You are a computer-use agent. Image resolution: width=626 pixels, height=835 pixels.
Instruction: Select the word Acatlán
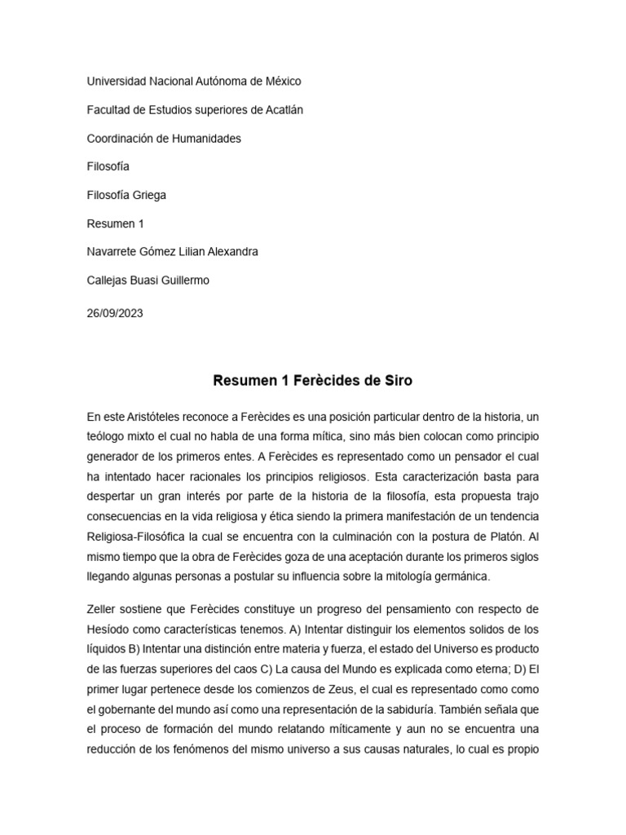point(282,110)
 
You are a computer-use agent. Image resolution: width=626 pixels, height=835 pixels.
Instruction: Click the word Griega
point(149,195)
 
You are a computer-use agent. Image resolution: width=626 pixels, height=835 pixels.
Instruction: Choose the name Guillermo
point(184,281)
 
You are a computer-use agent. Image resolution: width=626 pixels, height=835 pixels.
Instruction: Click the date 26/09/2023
point(115,312)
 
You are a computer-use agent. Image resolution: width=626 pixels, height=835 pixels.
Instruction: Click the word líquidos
point(109,649)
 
